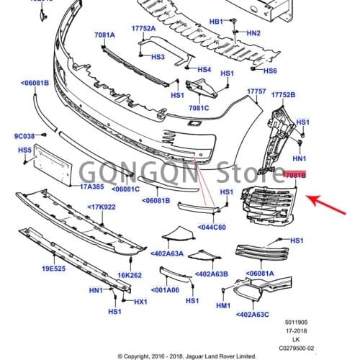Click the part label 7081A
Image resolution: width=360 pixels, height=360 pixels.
[105, 34]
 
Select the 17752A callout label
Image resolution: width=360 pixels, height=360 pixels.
[143, 28]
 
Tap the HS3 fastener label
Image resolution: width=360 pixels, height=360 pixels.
[157, 57]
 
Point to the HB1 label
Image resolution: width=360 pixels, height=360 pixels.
[217, 22]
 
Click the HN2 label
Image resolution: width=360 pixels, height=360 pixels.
[253, 33]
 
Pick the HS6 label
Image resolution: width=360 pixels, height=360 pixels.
[270, 71]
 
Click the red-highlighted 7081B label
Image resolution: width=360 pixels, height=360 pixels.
[296, 175]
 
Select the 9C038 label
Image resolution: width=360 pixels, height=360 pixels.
[24, 136]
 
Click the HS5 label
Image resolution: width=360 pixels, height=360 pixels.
[25, 150]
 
